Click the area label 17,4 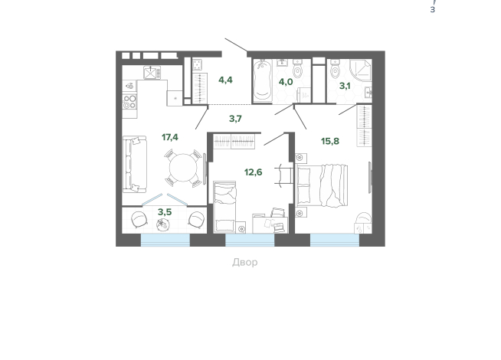point(169,137)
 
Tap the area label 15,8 point(330,141)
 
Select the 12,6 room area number point(253,172)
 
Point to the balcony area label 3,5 point(165,212)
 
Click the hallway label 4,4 point(225,80)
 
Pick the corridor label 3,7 point(235,119)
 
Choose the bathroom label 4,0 point(286,82)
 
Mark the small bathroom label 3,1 point(345,86)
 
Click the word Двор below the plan point(244,262)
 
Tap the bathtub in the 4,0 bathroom point(263,80)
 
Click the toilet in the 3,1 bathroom point(336,69)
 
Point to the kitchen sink point(150,72)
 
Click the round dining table point(183,168)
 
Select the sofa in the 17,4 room point(135,165)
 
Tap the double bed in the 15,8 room point(322,185)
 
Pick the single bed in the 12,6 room point(224,207)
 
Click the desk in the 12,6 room point(270,224)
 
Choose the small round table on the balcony point(163,225)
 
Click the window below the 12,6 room point(250,240)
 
